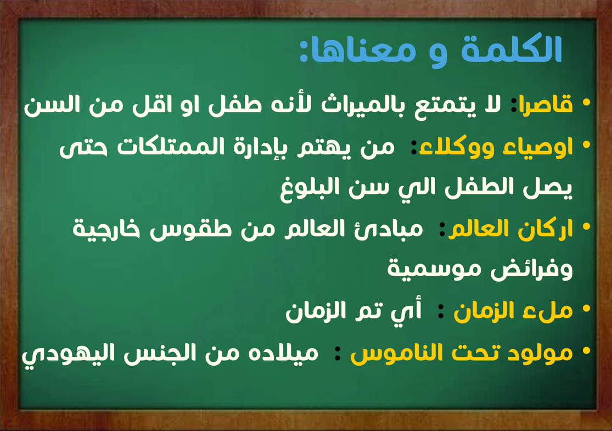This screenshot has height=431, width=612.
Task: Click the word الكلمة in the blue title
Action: point(512,49)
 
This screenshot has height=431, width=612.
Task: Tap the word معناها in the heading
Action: point(363,51)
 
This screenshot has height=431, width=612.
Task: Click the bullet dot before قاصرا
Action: point(586,103)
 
